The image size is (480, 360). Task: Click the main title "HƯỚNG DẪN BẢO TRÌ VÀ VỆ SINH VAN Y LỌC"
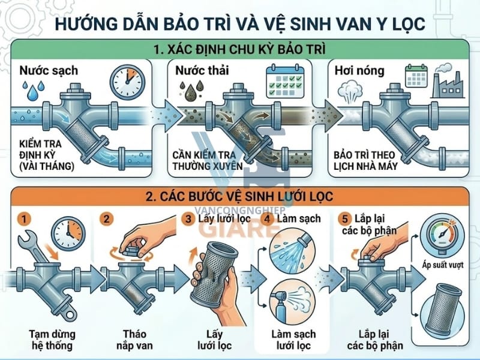(240, 24)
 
